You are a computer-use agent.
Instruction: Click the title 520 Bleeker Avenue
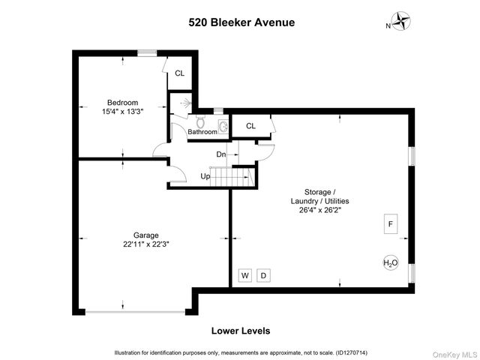tap(240, 22)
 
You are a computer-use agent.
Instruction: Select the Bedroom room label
tap(122, 102)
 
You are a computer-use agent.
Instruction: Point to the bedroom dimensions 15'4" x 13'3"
tap(122, 111)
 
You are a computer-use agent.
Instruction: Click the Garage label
tap(146, 235)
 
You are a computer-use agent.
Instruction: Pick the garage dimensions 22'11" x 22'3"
tap(146, 244)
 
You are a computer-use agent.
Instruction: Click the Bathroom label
tap(202, 132)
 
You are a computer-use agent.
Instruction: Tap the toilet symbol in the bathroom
tap(199, 121)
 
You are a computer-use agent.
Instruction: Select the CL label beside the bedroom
tap(180, 73)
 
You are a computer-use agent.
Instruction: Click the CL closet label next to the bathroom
tap(250, 126)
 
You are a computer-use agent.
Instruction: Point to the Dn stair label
tap(221, 154)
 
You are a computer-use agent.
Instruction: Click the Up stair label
tap(205, 177)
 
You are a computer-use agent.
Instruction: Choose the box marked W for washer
tap(244, 275)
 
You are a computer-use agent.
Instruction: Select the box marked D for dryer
tap(263, 275)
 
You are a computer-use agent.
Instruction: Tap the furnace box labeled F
tap(390, 223)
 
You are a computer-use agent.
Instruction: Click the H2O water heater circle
tap(390, 263)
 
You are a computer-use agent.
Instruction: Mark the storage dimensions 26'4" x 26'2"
tap(320, 210)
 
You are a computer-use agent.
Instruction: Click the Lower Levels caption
tap(240, 331)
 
